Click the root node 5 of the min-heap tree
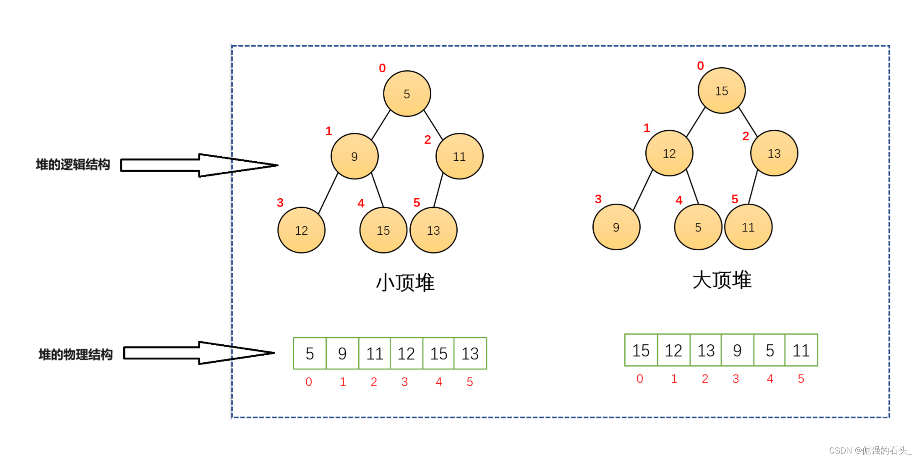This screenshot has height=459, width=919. (407, 94)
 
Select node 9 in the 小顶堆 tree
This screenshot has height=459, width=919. (355, 156)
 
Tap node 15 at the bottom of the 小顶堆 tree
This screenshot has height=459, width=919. (383, 230)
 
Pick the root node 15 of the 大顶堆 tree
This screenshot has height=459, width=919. (721, 90)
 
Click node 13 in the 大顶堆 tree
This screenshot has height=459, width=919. (774, 153)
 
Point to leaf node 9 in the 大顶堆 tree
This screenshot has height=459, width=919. (616, 227)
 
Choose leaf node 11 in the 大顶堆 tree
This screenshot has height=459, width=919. (748, 227)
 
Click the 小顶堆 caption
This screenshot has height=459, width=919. (405, 283)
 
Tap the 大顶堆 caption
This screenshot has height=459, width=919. (721, 280)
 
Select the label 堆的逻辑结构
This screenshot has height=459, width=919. (73, 165)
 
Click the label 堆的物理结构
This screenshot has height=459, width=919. (75, 354)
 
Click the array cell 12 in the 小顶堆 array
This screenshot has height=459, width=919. (406, 353)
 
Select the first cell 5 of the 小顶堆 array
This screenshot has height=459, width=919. (310, 353)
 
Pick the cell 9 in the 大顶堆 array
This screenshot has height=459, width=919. (737, 350)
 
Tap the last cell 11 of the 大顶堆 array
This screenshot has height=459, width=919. (801, 350)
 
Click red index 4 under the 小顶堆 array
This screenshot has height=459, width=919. (439, 382)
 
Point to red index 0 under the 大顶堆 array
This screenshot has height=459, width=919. (640, 379)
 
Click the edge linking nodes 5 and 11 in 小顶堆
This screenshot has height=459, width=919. (433, 125)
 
